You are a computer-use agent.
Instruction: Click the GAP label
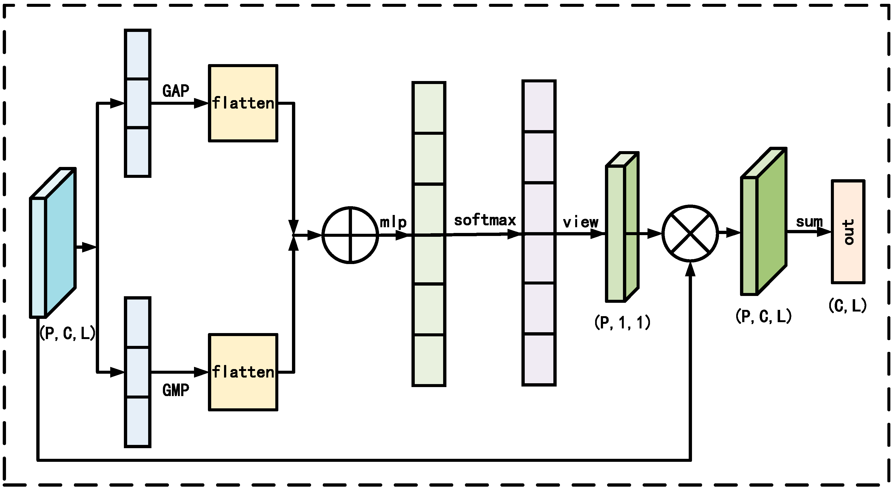click(175, 91)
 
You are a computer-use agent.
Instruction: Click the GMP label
click(175, 390)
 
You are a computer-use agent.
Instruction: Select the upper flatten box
click(243, 103)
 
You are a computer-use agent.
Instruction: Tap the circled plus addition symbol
click(350, 235)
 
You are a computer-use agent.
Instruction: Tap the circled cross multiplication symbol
click(690, 234)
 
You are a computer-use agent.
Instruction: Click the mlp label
click(393, 222)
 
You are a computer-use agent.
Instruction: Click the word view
click(581, 222)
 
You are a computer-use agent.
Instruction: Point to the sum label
click(809, 221)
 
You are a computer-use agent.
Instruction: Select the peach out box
click(848, 232)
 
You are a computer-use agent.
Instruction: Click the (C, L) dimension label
click(848, 306)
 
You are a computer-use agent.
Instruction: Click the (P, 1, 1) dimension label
click(622, 322)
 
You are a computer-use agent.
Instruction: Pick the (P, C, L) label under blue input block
click(67, 333)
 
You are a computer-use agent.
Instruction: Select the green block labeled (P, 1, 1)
click(622, 227)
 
